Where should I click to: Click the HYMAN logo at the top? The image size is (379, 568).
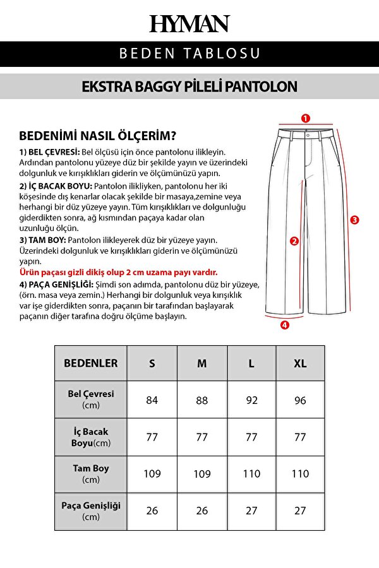pyautogui.click(x=189, y=24)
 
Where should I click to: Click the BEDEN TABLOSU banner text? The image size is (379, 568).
pyautogui.click(x=189, y=54)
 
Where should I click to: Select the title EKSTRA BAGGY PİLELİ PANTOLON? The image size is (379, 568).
pyautogui.click(x=189, y=86)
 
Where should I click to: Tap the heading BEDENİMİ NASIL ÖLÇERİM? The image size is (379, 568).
pyautogui.click(x=98, y=136)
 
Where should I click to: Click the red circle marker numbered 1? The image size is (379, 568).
pyautogui.click(x=305, y=118)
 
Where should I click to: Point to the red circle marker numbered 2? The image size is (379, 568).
pyautogui.click(x=294, y=240)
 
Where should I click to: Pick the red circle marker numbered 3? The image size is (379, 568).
pyautogui.click(x=355, y=220)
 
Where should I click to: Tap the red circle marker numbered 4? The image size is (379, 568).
pyautogui.click(x=284, y=325)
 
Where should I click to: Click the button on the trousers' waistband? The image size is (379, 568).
pyautogui.click(x=307, y=134)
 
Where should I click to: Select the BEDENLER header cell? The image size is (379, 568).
pyautogui.click(x=90, y=364)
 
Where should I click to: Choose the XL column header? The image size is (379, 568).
pyautogui.click(x=300, y=364)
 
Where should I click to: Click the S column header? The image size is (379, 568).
pyautogui.click(x=152, y=364)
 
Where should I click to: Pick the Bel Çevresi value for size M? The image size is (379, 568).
pyautogui.click(x=202, y=400)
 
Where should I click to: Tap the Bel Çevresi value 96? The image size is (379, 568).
pyautogui.click(x=300, y=400)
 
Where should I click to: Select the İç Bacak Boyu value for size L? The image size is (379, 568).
pyautogui.click(x=251, y=437)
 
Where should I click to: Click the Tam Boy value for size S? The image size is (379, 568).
pyautogui.click(x=152, y=473)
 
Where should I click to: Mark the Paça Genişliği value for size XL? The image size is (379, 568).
pyautogui.click(x=300, y=511)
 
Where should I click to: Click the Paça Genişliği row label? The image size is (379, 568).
pyautogui.click(x=90, y=511)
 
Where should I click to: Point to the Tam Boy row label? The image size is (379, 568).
pyautogui.click(x=90, y=474)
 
